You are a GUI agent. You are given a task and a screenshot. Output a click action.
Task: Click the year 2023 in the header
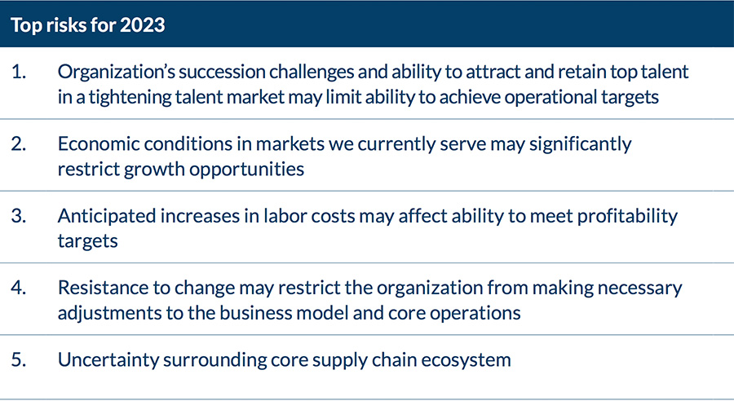[142, 24]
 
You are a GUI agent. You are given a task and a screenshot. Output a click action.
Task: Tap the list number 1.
[18, 72]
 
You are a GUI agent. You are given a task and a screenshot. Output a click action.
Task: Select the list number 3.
[18, 216]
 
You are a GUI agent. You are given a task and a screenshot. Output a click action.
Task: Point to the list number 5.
[18, 359]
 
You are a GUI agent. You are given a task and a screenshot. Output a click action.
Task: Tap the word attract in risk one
[493, 72]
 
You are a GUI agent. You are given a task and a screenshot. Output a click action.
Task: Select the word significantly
[581, 144]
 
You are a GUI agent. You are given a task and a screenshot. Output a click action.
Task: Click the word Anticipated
[106, 216]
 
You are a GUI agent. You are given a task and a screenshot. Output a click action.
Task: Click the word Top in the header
[26, 25]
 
